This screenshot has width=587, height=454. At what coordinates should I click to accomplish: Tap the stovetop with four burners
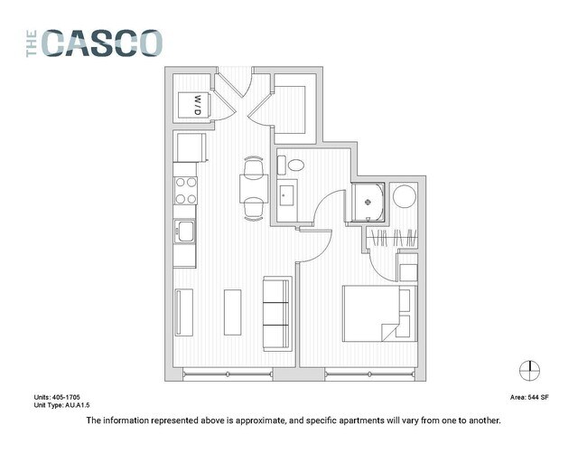click(x=186, y=190)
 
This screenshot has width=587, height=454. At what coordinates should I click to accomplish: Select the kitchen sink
click(x=186, y=232)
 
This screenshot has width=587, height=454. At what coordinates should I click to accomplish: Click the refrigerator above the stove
click(x=189, y=147)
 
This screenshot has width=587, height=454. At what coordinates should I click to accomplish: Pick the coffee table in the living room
click(x=233, y=311)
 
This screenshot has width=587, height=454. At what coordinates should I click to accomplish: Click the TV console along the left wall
click(x=184, y=311)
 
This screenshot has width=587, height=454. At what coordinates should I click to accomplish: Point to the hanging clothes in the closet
click(x=393, y=240)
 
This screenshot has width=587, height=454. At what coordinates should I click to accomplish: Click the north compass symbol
click(x=529, y=370)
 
